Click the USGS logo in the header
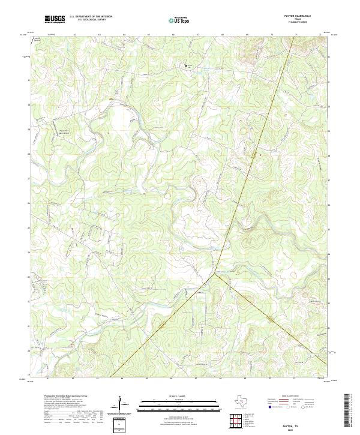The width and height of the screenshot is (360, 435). click(55, 19)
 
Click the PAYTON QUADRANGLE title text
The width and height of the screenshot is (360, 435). click(302, 16)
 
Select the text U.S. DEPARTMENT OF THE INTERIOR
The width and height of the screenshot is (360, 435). click(91, 17)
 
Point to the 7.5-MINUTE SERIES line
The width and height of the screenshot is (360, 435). click(302, 23)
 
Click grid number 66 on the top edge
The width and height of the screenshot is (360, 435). click(173, 35)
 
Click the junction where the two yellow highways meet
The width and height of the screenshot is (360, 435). click(213, 275)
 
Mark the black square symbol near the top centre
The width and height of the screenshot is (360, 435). click(186, 66)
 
